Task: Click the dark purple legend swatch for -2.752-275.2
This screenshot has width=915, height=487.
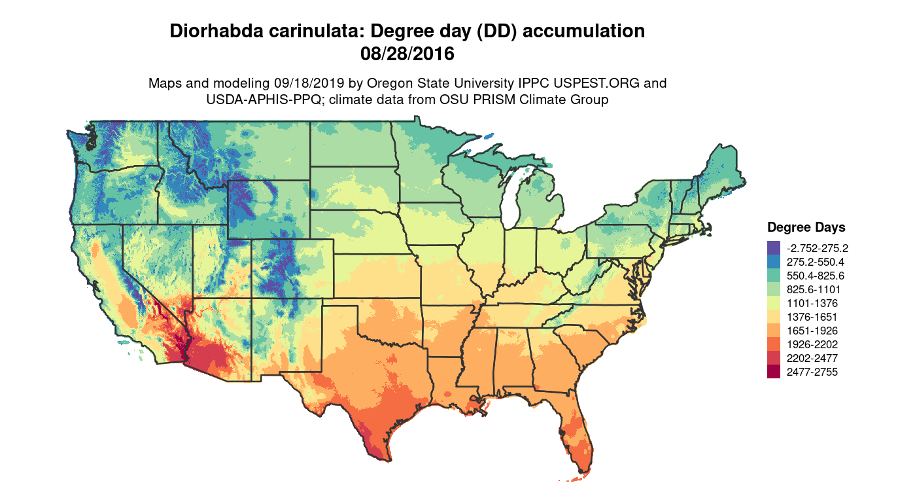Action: coord(774,248)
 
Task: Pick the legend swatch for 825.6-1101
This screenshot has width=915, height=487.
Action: coord(774,289)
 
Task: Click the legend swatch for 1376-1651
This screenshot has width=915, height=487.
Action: coord(774,317)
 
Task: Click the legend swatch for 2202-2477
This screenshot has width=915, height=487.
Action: coord(774,358)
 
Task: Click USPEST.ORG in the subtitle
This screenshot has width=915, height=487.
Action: coord(593,84)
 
